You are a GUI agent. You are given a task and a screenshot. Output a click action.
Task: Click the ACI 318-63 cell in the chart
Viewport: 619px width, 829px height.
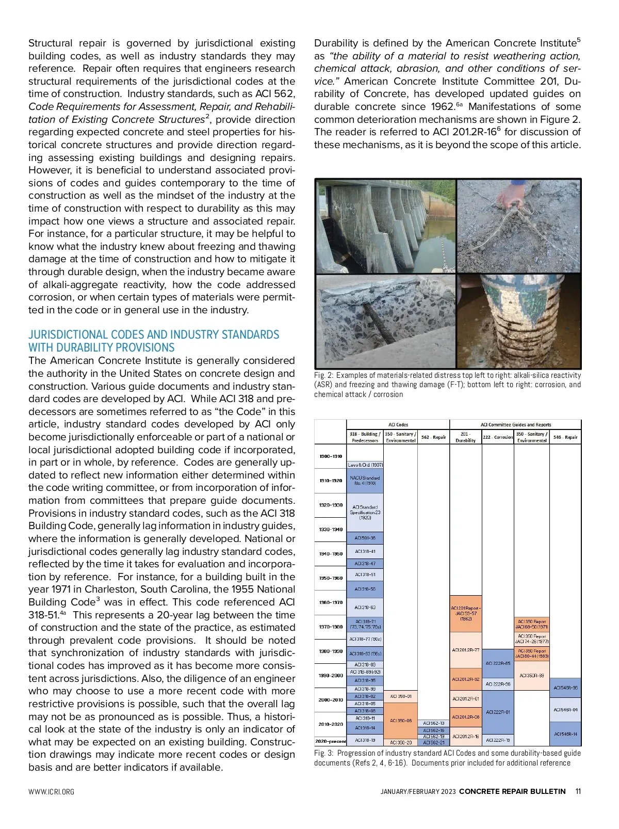[365, 607]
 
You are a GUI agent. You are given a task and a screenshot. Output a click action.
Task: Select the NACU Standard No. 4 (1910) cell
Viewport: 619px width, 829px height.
[365, 481]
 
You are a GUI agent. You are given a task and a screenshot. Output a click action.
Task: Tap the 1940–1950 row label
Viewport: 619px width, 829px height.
[331, 554]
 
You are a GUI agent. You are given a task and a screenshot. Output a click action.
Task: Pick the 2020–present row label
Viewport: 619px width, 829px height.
[331, 741]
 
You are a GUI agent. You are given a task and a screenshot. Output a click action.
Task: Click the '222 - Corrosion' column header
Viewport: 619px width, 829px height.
[498, 437]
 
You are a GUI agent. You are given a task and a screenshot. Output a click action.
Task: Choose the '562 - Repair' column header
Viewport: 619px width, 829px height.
[433, 437]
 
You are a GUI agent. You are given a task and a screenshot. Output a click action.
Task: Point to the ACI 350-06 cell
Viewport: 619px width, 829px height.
[401, 721]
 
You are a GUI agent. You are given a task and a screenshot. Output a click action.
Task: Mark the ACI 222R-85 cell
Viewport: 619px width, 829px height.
[498, 663]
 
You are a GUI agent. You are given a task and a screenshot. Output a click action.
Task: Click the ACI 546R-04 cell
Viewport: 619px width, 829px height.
[565, 710]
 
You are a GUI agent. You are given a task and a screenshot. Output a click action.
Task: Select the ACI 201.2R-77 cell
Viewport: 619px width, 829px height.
[466, 650]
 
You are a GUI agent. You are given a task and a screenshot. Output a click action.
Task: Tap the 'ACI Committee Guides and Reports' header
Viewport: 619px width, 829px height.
[515, 425]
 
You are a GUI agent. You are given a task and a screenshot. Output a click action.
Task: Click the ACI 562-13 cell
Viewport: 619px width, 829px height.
[433, 723]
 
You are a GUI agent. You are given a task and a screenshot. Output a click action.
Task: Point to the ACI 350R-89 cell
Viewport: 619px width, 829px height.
[531, 675]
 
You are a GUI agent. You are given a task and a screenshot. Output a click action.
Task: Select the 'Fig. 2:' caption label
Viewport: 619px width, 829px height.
[324, 375]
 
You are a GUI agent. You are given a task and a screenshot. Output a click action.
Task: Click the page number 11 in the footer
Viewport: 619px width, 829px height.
[578, 791]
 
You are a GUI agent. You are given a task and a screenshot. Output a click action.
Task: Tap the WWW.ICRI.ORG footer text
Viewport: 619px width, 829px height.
[51, 792]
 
